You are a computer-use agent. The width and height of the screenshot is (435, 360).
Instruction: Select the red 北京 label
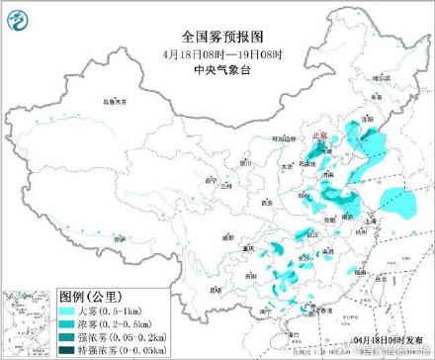pos(318,136)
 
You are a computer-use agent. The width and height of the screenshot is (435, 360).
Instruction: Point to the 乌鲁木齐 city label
pos(116,102)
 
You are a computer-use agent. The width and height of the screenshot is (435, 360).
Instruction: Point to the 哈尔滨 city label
pos(380,83)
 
